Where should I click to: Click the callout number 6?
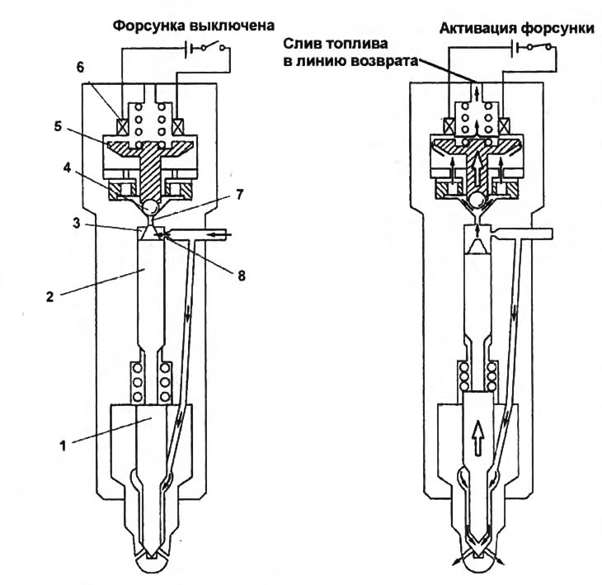click(80, 67)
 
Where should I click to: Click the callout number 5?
click(58, 127)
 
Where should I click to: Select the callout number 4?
click(67, 168)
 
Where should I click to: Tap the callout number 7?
click(239, 195)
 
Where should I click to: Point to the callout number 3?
click(77, 224)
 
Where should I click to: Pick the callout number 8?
click(241, 276)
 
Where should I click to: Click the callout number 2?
click(49, 296)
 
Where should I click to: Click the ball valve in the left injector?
click(150, 208)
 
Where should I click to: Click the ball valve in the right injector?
click(477, 201)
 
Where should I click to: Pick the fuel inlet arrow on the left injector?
click(223, 234)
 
